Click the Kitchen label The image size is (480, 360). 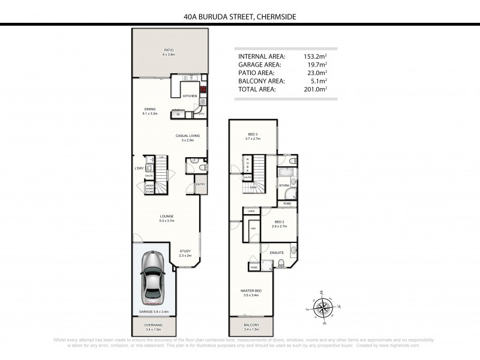(190, 96)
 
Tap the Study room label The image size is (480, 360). (185, 253)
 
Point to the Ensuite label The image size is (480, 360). (276, 253)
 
